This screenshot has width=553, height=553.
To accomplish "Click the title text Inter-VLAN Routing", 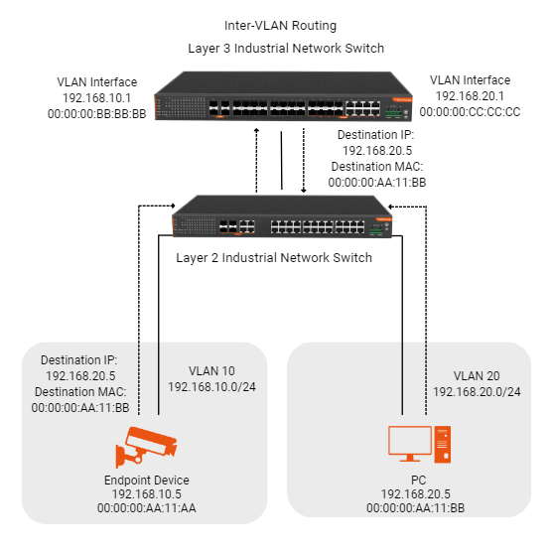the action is point(280,26).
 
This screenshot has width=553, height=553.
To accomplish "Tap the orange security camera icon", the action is point(146,447).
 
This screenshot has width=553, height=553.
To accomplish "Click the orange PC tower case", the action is point(443,445).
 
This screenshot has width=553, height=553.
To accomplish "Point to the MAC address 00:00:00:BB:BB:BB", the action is point(97,114).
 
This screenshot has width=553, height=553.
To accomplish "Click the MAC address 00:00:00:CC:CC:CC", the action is point(470,112).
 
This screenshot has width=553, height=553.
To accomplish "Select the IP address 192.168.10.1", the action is point(96,98).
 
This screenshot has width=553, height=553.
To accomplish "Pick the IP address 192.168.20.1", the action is point(470,96).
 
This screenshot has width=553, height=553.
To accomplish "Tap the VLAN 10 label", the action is point(211,371).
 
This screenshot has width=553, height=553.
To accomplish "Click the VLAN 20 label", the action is point(477,376).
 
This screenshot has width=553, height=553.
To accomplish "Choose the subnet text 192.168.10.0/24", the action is point(211,387).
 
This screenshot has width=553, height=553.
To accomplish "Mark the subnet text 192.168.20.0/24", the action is point(477,392).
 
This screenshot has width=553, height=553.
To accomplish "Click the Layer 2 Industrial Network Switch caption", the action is point(274,258).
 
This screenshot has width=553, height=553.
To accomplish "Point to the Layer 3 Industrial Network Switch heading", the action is point(286,49).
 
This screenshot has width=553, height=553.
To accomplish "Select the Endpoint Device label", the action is point(147,481).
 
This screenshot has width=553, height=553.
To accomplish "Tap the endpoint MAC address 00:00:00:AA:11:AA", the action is point(147,508).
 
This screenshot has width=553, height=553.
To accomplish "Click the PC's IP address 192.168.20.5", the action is point(415,494).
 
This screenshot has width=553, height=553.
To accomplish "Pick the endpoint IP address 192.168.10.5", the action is point(147,494).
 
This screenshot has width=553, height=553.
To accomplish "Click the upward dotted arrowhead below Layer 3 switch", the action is point(257,130).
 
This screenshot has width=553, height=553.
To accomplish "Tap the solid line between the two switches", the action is point(281,161).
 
